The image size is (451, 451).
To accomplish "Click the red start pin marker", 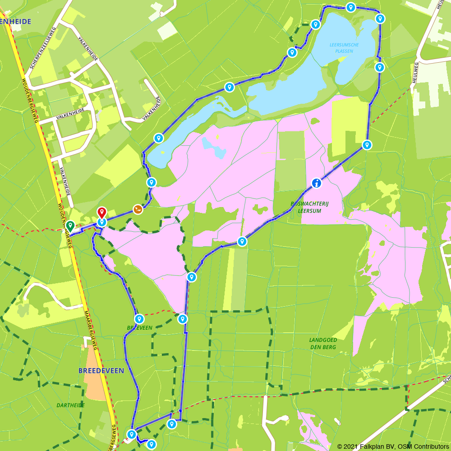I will coord(101,212).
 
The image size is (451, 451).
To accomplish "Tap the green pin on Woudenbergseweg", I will coord(70,225).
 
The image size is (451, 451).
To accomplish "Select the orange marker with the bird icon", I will coord(138,209).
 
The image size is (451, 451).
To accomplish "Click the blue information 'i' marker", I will coord(317,183).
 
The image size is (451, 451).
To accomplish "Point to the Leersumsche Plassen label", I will coord(344,48).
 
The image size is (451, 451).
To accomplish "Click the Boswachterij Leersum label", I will coord(310,207).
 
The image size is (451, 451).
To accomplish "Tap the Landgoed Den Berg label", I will coord(323,343).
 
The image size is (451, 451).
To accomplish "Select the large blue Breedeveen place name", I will coord(101,370).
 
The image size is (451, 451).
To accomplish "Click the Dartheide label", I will coord(71,405).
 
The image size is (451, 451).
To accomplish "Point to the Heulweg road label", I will coord(414,73).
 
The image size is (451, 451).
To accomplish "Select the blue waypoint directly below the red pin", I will coord(102,222).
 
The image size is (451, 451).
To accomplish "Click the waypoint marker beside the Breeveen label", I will coord(139,318).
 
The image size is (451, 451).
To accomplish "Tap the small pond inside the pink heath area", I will coord(214,147).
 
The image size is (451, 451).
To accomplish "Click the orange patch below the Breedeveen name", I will coord(95,374).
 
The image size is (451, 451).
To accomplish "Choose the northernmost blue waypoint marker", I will coord(350,7).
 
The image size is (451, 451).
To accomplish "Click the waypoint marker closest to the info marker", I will coord(367,145).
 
